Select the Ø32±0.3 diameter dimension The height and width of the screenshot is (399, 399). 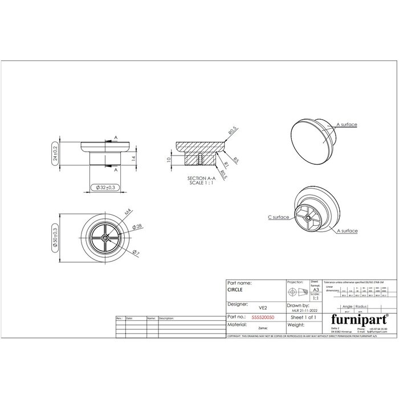[105, 187]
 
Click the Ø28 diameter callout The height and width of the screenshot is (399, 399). [137, 226]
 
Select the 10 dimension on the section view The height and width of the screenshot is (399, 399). [169, 160]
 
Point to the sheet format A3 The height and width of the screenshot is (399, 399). [315, 290]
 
